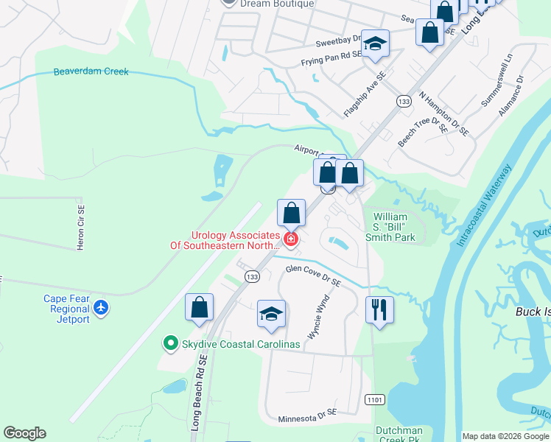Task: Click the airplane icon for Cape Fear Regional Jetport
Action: coord(101,306)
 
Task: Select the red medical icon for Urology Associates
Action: coord(291,239)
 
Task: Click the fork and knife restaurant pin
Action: coord(379,309)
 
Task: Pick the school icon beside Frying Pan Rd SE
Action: coord(375,44)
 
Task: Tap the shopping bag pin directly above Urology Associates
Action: coord(292,213)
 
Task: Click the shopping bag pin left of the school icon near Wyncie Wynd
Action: coord(199,307)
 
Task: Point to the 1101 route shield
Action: coord(373,399)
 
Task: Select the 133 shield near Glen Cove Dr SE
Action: coord(253,276)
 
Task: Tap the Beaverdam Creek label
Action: coord(91,71)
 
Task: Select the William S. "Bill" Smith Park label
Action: coord(390,228)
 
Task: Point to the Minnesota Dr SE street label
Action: coord(307,418)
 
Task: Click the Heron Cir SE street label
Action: coord(82,227)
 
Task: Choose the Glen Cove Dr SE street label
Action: coord(313,276)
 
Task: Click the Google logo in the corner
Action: coord(24,433)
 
